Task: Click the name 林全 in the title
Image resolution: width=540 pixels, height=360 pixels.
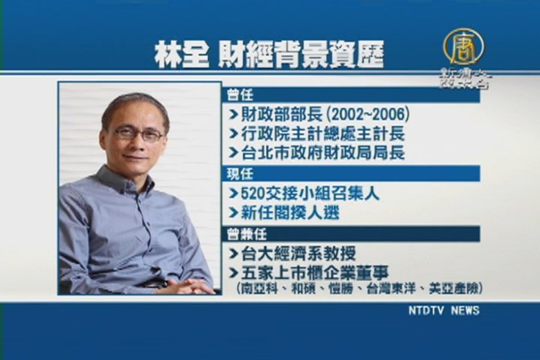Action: coord(181,55)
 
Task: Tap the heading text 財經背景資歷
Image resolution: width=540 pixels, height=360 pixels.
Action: coord(301,55)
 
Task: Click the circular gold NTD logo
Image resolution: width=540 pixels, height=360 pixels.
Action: coord(463,47)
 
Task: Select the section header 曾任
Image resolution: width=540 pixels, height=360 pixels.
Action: coord(240,95)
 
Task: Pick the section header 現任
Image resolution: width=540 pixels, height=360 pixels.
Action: coord(240,174)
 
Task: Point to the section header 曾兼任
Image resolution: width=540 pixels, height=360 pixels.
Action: coord(246,235)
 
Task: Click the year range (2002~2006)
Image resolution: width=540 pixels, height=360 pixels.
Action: coord(368,115)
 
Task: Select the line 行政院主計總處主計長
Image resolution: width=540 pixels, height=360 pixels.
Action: coord(323,134)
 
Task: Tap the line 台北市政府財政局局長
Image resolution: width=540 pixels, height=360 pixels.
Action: coord(323,153)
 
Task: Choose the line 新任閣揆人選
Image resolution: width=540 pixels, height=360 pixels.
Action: coord(290,213)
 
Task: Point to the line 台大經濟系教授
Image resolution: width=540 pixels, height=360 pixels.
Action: coord(298,254)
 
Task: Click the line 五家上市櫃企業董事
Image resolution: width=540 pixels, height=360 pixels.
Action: coord(315,273)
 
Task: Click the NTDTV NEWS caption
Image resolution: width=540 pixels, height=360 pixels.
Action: coord(444,310)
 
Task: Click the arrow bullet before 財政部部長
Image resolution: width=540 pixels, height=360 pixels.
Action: coord(234,115)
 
